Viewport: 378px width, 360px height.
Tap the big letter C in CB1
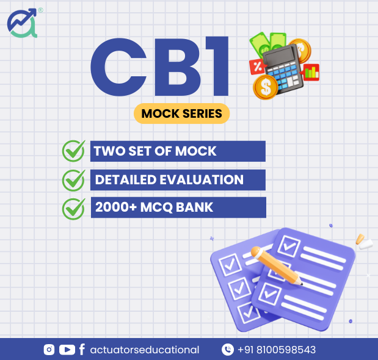click(118, 67)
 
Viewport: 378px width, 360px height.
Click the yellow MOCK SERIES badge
click(181, 113)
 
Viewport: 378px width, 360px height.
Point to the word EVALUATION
click(202, 179)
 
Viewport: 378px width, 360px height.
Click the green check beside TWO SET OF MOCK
click(74, 151)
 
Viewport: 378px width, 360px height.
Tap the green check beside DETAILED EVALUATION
click(74, 181)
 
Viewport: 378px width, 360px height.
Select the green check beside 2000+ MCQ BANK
click(74, 209)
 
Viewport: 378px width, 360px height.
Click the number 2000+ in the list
click(116, 207)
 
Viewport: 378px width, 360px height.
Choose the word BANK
click(195, 207)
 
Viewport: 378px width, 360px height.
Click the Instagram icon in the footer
click(49, 350)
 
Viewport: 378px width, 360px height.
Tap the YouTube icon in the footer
click(67, 350)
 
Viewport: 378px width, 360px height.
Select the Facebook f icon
click(82, 350)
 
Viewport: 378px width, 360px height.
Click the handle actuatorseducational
click(145, 350)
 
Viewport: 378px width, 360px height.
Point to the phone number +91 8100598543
click(277, 350)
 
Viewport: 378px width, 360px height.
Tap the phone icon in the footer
click(228, 350)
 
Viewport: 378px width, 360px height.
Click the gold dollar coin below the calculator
click(266, 87)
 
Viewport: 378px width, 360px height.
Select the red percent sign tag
click(258, 67)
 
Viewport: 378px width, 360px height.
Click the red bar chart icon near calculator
click(310, 72)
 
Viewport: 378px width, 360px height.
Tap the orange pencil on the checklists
click(276, 265)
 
